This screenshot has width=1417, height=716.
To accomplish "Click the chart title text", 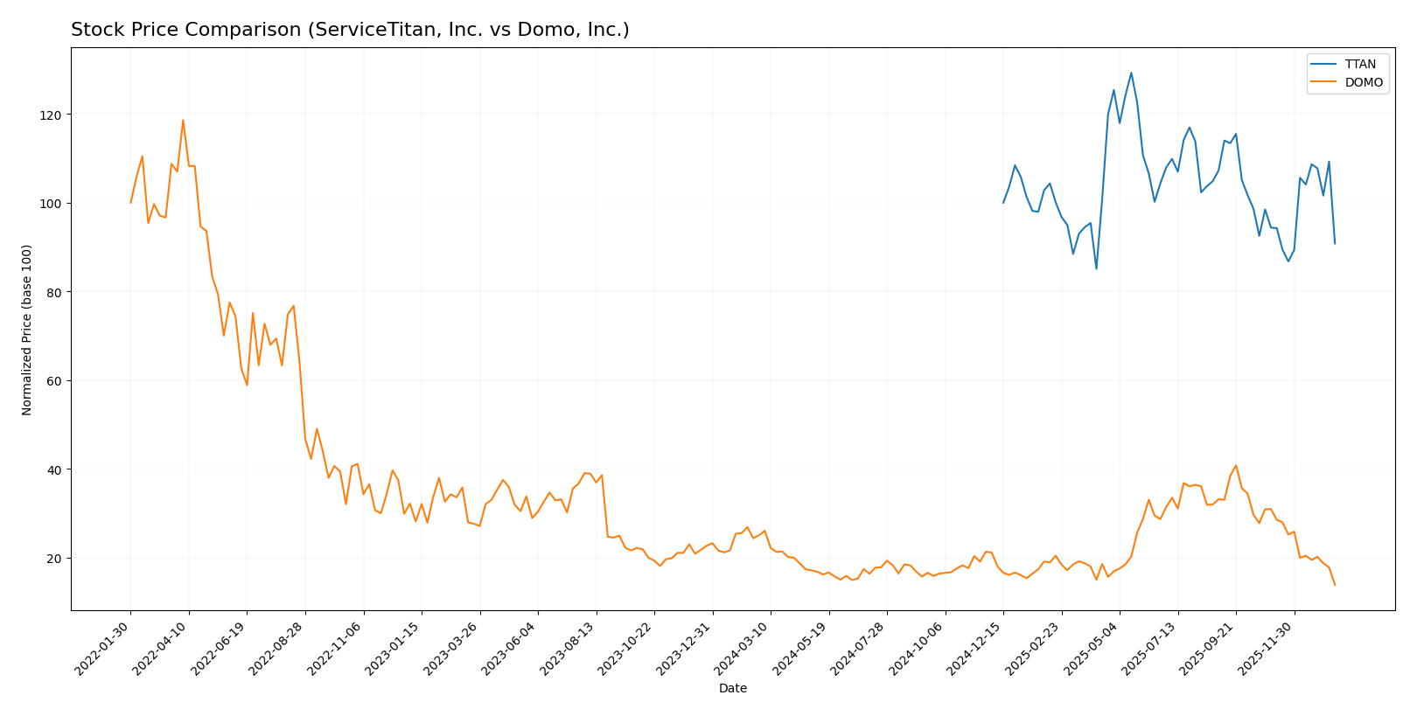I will tap(350, 30).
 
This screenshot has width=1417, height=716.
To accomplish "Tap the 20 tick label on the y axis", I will tap(53, 558).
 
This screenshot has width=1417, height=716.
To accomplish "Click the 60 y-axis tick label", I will tap(53, 380).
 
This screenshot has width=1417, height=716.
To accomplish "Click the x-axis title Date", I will tap(732, 688).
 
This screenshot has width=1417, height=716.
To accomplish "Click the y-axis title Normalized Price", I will tap(27, 330).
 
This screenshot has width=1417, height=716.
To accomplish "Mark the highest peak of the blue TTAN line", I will tap(1131, 73).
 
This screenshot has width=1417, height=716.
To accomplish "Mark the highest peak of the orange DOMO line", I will tap(183, 120).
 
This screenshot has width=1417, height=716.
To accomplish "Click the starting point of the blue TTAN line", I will tap(1003, 203).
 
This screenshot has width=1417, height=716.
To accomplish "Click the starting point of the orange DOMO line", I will tap(131, 203).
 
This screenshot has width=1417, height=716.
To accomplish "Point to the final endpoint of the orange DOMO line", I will tap(1335, 585).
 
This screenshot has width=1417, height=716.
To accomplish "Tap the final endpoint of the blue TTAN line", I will tap(1335, 243).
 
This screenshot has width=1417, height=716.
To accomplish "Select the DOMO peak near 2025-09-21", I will tap(1235, 465).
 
